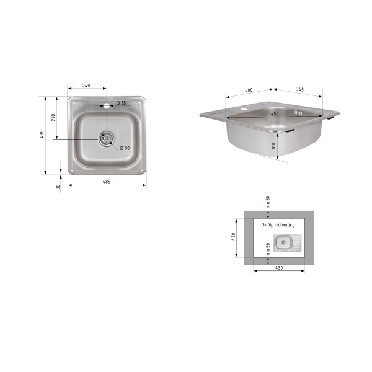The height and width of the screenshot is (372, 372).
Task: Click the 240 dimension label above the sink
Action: [86, 86]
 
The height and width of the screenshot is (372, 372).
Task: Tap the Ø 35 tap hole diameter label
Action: [122, 103]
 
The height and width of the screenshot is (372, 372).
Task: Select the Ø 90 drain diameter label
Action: [125, 148]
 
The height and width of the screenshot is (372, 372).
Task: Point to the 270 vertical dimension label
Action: [53, 117]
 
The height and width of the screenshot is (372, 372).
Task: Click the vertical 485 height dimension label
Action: [42, 135]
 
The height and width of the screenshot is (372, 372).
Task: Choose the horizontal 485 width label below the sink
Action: [107, 182]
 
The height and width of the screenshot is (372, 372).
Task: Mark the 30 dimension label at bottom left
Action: [58, 187]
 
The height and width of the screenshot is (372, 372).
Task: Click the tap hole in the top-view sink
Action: [107, 106]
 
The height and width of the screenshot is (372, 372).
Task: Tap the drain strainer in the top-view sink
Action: [106, 138]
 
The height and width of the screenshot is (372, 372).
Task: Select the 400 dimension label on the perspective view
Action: [249, 90]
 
